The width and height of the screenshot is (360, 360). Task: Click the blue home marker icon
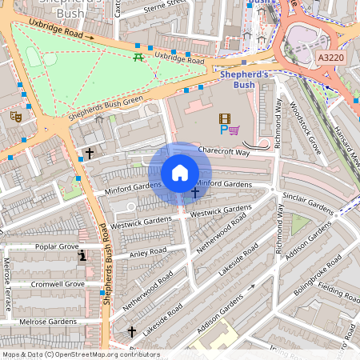click(180, 173)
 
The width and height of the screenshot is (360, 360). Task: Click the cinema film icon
click(225, 118)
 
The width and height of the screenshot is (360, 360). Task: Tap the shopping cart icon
click(234, 130)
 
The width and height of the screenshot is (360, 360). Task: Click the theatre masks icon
click(14, 117)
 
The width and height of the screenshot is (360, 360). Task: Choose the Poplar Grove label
click(57, 247)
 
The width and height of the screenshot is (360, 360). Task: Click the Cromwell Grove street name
click(57, 284)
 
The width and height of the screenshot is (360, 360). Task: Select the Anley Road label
click(147, 252)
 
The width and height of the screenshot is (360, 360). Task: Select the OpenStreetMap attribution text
click(80, 354)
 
